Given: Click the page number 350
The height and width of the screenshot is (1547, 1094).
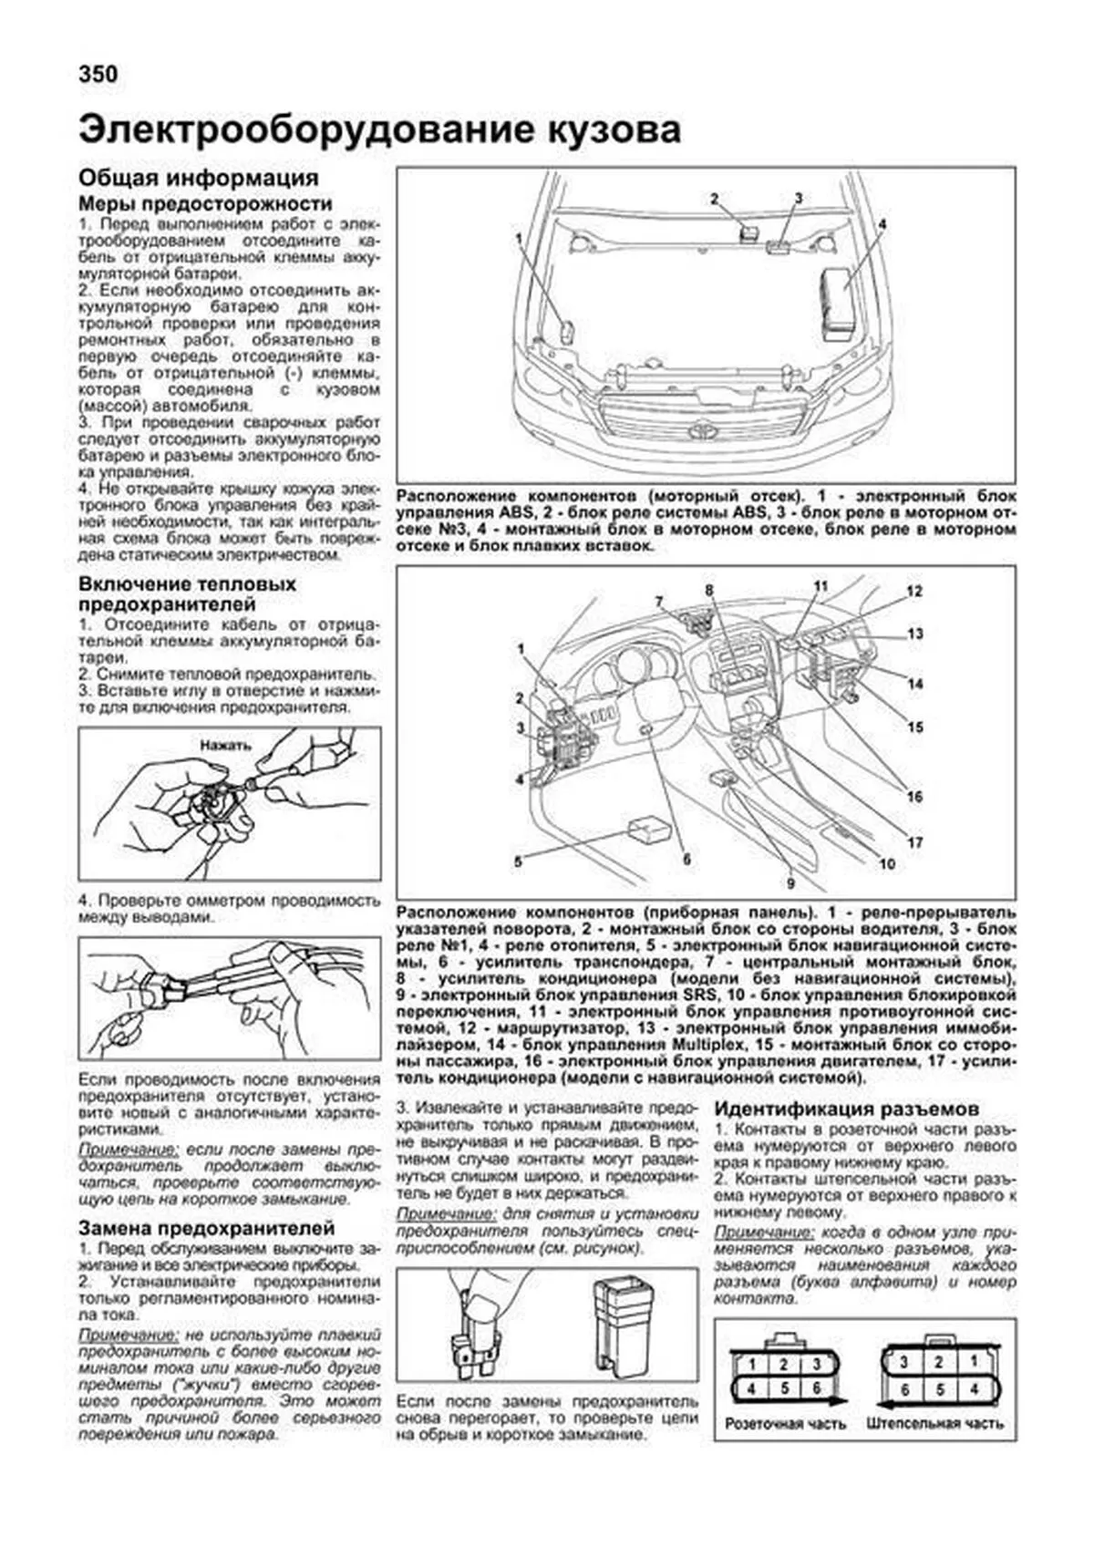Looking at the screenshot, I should [98, 74].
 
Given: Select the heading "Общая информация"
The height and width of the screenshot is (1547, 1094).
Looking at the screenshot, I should [198, 178].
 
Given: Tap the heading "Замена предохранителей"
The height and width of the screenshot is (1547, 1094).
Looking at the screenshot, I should [207, 1228].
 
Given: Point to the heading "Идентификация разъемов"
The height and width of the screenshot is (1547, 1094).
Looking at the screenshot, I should [846, 1109].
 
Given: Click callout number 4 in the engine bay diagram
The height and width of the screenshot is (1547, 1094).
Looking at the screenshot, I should [882, 223].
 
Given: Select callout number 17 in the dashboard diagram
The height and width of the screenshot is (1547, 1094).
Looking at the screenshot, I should [914, 843].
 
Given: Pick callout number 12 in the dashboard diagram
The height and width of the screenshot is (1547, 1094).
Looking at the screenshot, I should [913, 592].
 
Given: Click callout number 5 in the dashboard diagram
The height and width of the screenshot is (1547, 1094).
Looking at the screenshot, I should [518, 861].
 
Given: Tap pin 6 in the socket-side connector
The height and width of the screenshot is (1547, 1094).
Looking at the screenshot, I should [816, 1389].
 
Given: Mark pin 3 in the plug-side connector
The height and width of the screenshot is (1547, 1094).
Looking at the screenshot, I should [903, 1363].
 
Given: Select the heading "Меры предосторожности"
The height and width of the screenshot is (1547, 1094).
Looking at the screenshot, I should [205, 203].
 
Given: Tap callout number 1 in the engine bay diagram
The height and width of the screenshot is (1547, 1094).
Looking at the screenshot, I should [518, 239].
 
